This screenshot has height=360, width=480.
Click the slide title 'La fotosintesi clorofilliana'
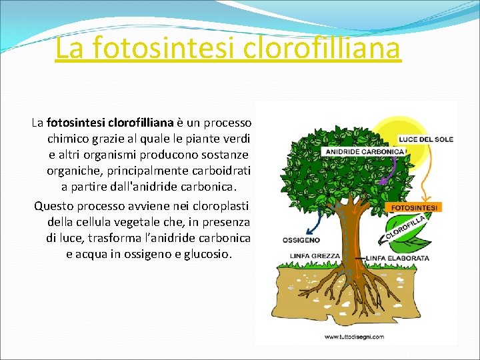(x=228, y=48)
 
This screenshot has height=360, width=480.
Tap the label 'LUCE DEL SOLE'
(x=425, y=139)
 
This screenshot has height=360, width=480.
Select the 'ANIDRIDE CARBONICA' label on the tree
(x=364, y=151)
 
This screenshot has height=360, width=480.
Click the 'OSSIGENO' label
(x=301, y=240)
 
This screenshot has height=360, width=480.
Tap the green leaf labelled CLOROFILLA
(x=407, y=230)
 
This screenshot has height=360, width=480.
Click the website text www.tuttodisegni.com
(x=354, y=337)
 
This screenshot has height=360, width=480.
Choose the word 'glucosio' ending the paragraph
(x=207, y=254)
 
